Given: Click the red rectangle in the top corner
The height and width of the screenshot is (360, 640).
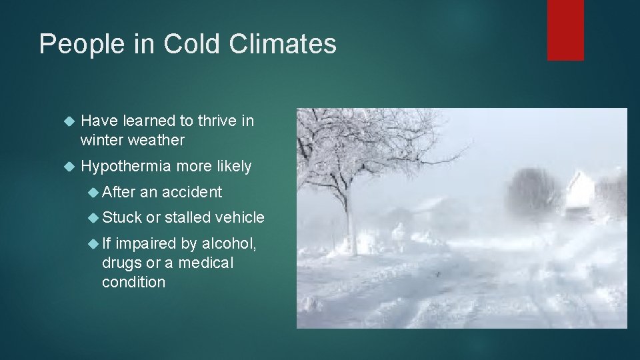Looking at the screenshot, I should click(x=565, y=30).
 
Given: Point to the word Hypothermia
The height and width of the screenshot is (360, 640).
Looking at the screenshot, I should click(x=125, y=167).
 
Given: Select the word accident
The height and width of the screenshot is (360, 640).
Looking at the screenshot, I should click(x=191, y=192).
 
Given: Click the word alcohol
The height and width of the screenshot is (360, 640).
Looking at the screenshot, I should click(x=229, y=243).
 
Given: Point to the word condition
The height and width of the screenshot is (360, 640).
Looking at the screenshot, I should click(x=133, y=282).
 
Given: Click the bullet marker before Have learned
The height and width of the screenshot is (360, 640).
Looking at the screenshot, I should click(x=66, y=121).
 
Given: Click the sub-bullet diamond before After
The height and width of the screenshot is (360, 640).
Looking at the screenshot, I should click(x=94, y=193).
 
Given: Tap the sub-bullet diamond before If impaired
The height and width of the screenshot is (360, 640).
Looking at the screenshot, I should click(x=94, y=244).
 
